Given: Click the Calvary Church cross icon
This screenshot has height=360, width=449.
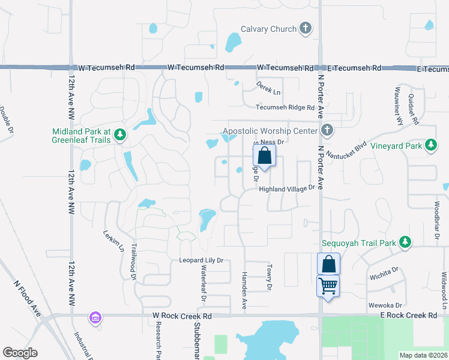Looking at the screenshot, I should pyautogui.click(x=306, y=28).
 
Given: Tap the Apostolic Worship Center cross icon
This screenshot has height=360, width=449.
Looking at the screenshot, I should pyautogui.click(x=327, y=130).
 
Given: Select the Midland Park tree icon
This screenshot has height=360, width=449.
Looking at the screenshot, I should pyautogui.click(x=120, y=134).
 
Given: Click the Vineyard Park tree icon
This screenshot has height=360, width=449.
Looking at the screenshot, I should pyautogui.click(x=430, y=145).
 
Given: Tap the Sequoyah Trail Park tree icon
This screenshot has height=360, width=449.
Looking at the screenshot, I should pyautogui.click(x=406, y=242).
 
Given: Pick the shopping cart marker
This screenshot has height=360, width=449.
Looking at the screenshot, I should pyautogui.click(x=328, y=286).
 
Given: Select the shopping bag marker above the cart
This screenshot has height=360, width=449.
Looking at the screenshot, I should pyautogui.click(x=328, y=264).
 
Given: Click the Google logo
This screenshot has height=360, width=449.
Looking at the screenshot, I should pyautogui.click(x=20, y=353).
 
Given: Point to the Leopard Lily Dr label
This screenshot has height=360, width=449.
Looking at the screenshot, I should pyautogui.click(x=201, y=260).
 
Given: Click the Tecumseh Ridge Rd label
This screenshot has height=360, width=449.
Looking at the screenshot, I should pyautogui.click(x=285, y=107).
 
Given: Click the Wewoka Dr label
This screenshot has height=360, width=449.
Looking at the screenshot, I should pyautogui.click(x=384, y=304).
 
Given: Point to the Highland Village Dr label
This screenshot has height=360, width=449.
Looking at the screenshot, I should pyautogui.click(x=287, y=188).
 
